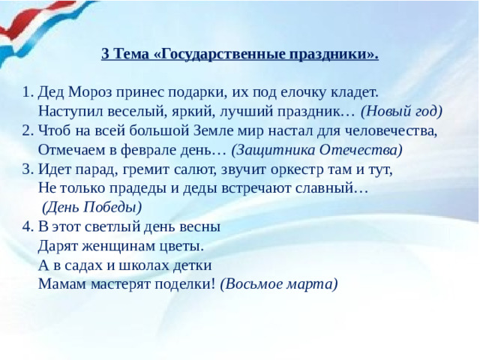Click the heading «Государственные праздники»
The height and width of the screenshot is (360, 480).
[240, 55]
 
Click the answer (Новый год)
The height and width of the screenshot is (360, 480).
[401, 112]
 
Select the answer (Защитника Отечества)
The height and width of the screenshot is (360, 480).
[316, 150]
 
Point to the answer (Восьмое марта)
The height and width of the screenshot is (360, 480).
[279, 283]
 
